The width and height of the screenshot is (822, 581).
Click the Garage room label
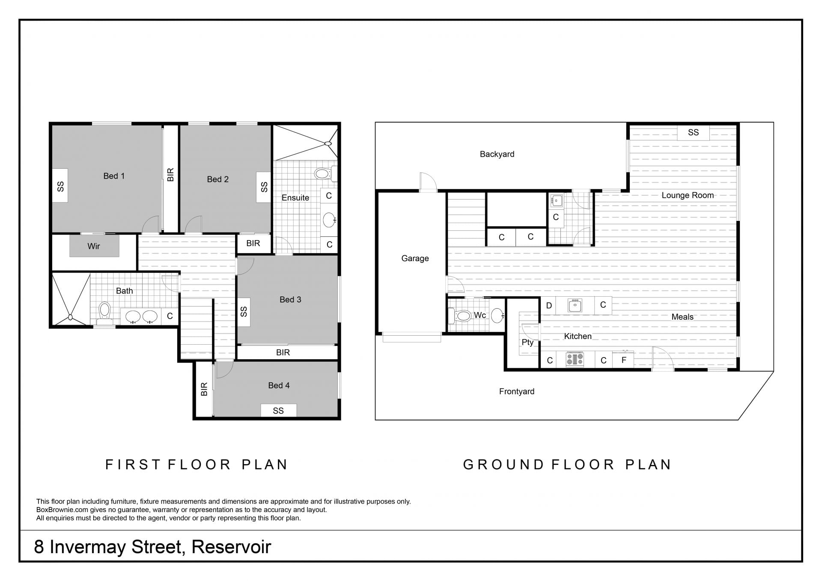[x=415, y=258]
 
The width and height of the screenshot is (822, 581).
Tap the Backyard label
[x=497, y=154]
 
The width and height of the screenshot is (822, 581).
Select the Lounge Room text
[x=688, y=195]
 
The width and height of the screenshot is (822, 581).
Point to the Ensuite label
[x=295, y=197]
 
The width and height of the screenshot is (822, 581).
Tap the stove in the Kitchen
[x=575, y=359]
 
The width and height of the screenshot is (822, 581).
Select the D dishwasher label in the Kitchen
[x=549, y=306]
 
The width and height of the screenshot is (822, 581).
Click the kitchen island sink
[x=575, y=305]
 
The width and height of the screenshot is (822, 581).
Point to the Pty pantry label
[x=527, y=343]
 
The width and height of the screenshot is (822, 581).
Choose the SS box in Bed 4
[x=278, y=411]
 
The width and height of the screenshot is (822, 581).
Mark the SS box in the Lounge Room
[x=693, y=132]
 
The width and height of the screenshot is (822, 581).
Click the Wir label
[x=94, y=246]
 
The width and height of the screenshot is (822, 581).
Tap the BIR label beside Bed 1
[x=170, y=175]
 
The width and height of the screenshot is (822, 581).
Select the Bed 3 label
[x=290, y=300]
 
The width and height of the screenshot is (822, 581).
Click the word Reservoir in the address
[x=231, y=547]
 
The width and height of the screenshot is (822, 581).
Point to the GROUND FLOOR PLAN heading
[x=567, y=465]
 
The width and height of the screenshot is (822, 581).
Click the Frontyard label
[x=517, y=391]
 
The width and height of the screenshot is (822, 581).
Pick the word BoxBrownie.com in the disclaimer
[x=62, y=510]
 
